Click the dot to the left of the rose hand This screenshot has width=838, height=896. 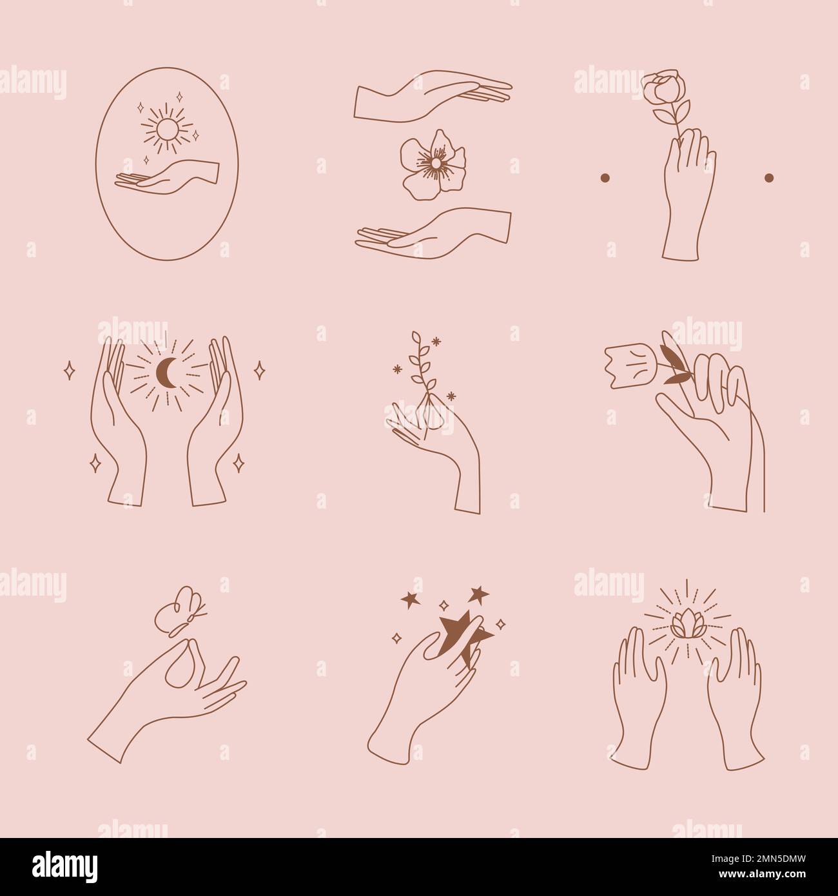pyautogui.click(x=605, y=177)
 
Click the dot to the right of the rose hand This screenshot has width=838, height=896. pyautogui.click(x=768, y=177)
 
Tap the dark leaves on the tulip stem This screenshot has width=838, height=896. pyautogui.click(x=670, y=359)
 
